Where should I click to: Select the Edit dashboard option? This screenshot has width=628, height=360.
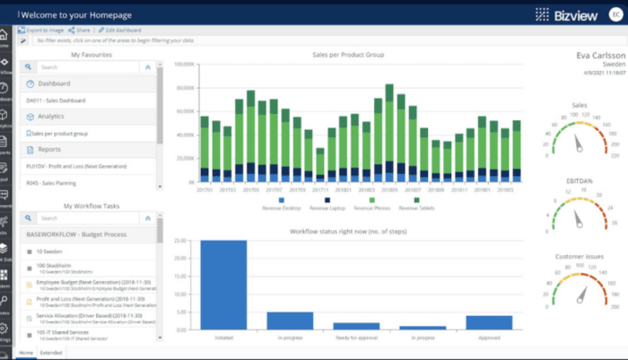(122, 31)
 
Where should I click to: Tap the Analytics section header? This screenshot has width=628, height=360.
(51, 116)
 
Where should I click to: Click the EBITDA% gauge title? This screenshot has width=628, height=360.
(579, 180)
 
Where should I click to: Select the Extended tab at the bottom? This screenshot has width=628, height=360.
(51, 354)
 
